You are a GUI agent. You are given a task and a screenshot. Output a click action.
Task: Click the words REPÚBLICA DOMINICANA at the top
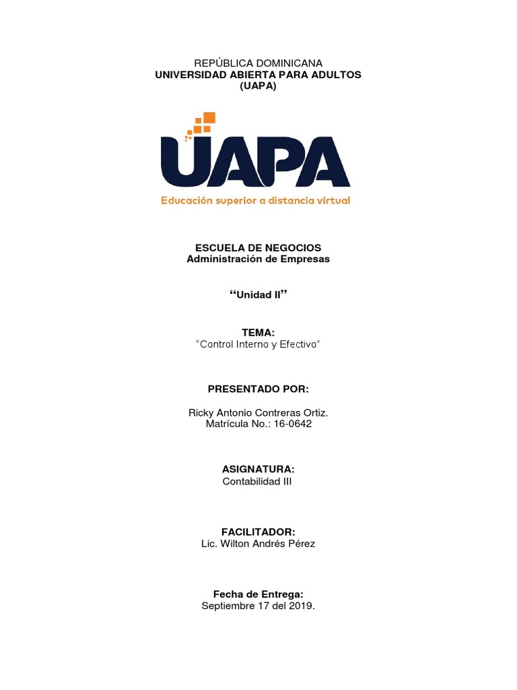258,63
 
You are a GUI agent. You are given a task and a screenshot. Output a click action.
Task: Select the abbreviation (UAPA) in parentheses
258,86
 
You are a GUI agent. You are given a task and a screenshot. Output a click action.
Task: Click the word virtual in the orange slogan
329,200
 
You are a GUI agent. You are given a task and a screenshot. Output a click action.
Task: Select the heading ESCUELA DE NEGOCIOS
258,248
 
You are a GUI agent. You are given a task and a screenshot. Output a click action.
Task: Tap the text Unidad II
258,295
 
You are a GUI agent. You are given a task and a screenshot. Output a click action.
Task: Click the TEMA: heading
258,333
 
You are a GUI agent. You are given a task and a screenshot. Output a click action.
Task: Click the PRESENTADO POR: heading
258,389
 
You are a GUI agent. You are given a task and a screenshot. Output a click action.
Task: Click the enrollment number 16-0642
293,424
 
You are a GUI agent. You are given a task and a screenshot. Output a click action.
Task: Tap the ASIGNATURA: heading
258,468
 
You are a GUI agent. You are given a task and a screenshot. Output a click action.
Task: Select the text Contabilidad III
257,481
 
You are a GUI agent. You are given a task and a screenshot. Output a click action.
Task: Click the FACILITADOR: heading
258,531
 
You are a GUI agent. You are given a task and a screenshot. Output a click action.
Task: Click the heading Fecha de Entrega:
258,594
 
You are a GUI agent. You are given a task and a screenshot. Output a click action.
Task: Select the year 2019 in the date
300,606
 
